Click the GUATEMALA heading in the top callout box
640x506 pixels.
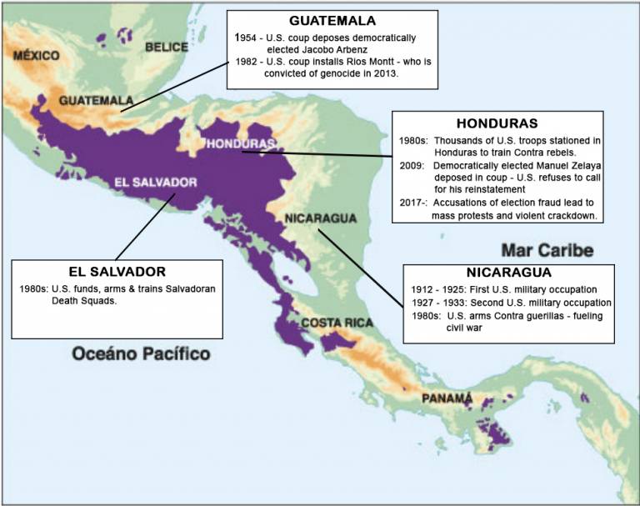pos(332,21)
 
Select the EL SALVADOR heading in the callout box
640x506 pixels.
pos(117,271)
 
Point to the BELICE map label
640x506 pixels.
pos(167,48)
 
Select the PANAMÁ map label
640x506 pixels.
pos(447,398)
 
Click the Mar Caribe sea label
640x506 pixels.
pos(547,249)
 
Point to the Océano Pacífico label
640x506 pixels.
pos(141,354)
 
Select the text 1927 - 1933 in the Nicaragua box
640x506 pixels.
pos(442,302)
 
